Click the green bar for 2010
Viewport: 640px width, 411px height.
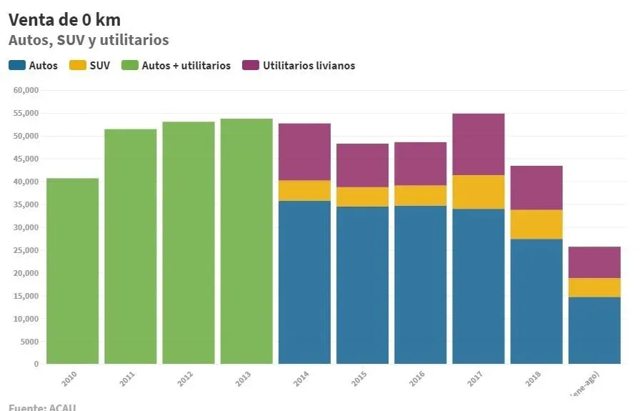pos(72,271)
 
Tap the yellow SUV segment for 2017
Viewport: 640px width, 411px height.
pos(479,192)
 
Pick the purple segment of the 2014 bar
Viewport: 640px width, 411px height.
pos(304,152)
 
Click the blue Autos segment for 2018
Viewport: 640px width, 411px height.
pos(536,301)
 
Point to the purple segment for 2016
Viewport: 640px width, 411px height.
pos(420,164)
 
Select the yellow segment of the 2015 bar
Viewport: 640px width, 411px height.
pos(362,197)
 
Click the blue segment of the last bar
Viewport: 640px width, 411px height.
pos(594,330)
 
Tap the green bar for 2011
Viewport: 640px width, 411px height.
pos(130,246)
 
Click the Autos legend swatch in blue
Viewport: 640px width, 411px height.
pos(17,66)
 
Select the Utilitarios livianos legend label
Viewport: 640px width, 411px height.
pos(309,66)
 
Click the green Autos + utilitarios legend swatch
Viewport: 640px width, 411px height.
pos(130,66)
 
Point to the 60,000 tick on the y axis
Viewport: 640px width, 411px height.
pos(25,91)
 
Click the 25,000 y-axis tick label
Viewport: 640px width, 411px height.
pos(25,250)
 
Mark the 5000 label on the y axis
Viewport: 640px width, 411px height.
pos(29,342)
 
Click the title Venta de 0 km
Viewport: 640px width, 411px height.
pos(64,19)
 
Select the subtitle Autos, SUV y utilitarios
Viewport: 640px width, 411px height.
pos(89,40)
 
